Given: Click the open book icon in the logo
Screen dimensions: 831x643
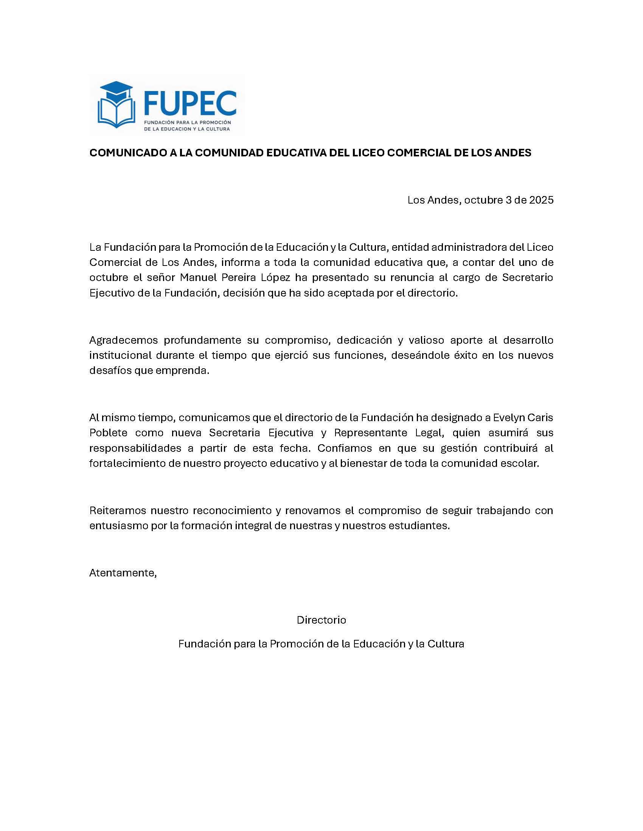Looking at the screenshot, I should pos(116,113).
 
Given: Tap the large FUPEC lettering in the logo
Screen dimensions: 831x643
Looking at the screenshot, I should pos(190,103).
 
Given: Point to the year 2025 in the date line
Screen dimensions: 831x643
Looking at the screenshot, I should pos(541,200).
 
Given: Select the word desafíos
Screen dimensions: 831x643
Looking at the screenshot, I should pos(110,371).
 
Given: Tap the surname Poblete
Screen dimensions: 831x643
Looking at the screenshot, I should pos(109,433).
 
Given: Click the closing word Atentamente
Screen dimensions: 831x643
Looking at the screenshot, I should pos(123,573).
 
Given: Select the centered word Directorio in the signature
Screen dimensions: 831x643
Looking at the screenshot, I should pos(321,620).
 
